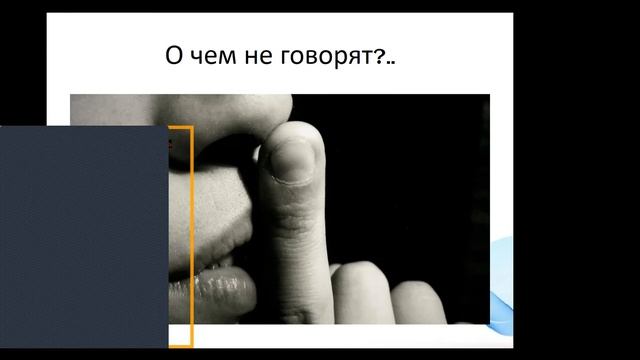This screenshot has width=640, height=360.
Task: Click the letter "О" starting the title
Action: [175, 56]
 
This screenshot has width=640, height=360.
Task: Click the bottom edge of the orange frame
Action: [180, 346]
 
